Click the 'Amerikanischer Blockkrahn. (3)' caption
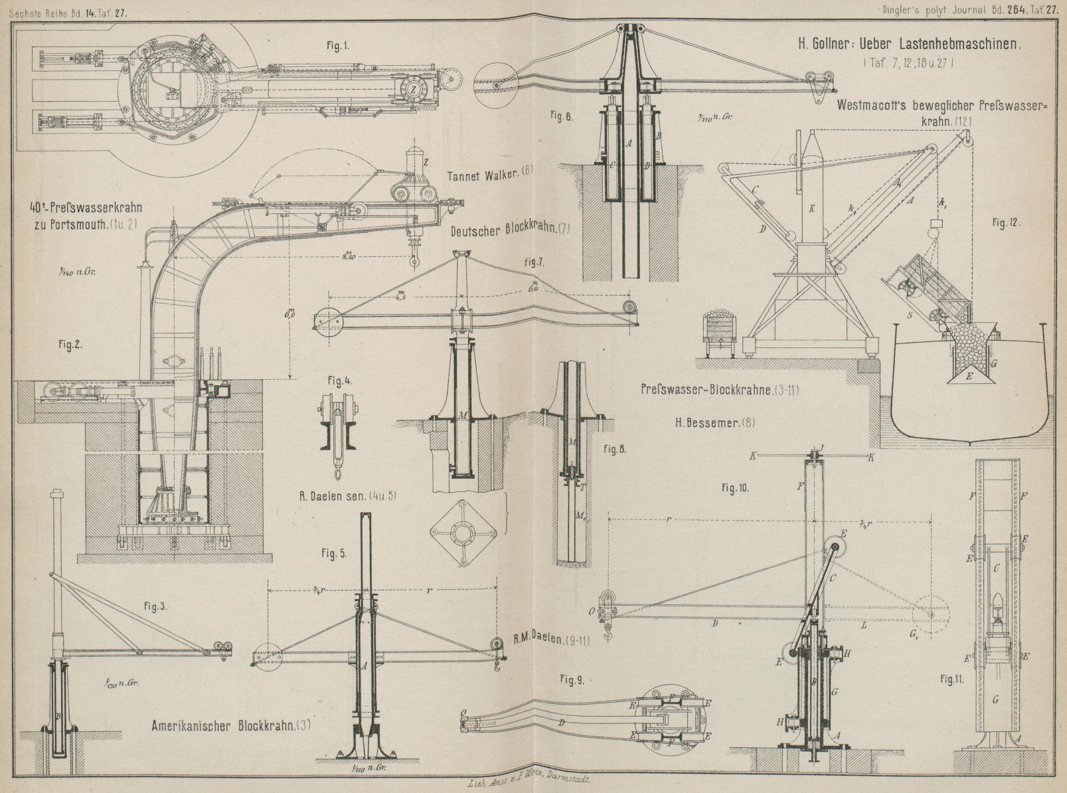[230, 726]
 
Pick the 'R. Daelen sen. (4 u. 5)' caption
[348, 495]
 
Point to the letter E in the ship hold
[969, 376]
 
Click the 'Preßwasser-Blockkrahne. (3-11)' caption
[720, 390]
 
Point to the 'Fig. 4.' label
[339, 381]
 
